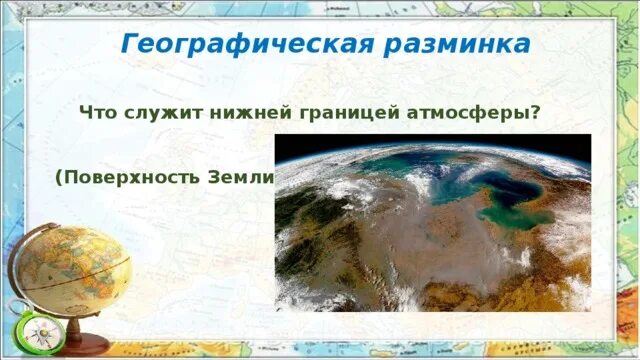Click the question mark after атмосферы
536,113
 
